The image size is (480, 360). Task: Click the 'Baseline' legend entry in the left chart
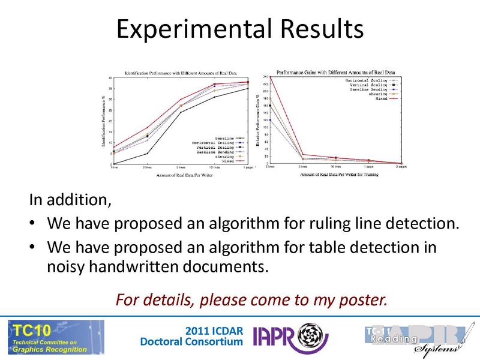[x=215, y=137]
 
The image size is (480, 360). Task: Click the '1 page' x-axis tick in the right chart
[x=368, y=167]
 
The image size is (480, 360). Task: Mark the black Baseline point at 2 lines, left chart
[x=147, y=154]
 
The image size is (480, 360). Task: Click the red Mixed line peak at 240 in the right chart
[x=271, y=77]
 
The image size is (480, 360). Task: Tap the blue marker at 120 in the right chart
[x=271, y=120]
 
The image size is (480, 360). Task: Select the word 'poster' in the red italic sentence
[x=363, y=298]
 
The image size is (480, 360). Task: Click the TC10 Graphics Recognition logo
[x=55, y=336]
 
